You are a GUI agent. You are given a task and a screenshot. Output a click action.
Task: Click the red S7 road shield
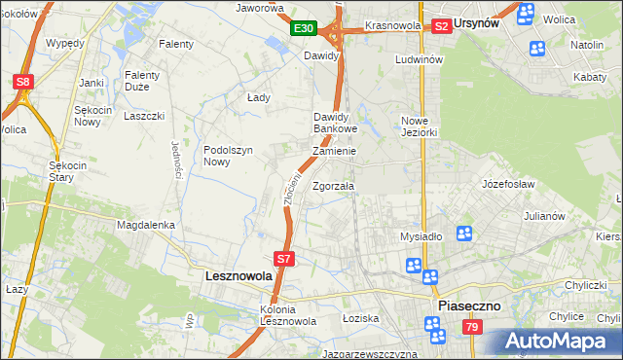tap(283, 259)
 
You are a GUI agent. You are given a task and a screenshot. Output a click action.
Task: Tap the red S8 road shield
tap(24, 83)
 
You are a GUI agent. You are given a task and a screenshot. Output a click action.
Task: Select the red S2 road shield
tap(441, 26)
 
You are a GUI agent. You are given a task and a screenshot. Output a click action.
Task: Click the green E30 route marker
tap(303, 29)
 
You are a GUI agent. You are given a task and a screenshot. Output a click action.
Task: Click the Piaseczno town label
tap(469, 305)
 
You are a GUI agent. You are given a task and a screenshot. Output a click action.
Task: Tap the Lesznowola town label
tap(238, 276)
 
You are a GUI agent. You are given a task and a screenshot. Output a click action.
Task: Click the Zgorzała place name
tap(334, 185)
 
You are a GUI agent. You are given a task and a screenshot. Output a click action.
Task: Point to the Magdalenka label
tap(145, 224)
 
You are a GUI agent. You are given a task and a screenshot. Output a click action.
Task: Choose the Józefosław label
tap(509, 182)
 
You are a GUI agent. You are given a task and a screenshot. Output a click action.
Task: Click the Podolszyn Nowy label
tap(229, 156)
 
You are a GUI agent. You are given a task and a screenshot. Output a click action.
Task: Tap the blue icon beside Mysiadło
tap(464, 233)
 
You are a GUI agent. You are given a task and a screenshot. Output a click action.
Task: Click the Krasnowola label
tap(392, 25)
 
